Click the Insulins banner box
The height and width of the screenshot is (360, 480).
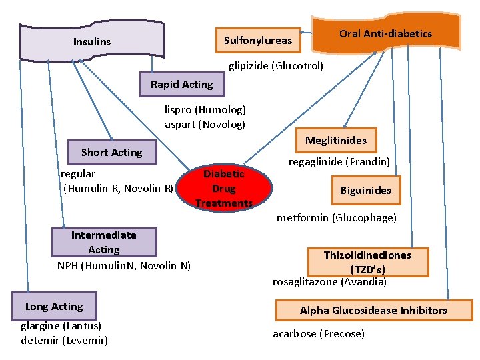(x=92, y=41)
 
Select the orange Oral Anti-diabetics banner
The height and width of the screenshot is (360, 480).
(x=386, y=33)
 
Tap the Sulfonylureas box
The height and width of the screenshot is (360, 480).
(x=257, y=41)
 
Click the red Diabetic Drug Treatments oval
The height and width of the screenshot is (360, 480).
(x=224, y=188)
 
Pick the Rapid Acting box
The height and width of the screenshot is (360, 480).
(x=181, y=85)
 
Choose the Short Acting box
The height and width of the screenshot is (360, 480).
(x=111, y=153)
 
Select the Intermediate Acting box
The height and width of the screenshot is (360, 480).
(x=103, y=243)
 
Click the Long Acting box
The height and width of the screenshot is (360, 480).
(x=54, y=307)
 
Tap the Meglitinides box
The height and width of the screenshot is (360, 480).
(x=335, y=141)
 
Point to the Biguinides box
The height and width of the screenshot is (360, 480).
(x=365, y=191)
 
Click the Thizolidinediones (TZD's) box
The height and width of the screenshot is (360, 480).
(x=367, y=261)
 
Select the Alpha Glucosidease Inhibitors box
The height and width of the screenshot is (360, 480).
(x=373, y=311)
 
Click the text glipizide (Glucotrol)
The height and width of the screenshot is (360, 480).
(x=276, y=66)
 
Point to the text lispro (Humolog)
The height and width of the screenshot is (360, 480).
(x=205, y=110)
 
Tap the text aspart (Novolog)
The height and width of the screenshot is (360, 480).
(x=205, y=125)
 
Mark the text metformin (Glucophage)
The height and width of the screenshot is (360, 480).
(x=336, y=218)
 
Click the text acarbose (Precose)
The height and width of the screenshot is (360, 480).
(x=319, y=333)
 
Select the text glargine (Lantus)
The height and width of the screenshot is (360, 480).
(x=61, y=326)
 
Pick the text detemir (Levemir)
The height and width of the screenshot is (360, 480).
(x=64, y=341)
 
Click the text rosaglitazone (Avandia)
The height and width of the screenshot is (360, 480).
(x=329, y=282)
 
